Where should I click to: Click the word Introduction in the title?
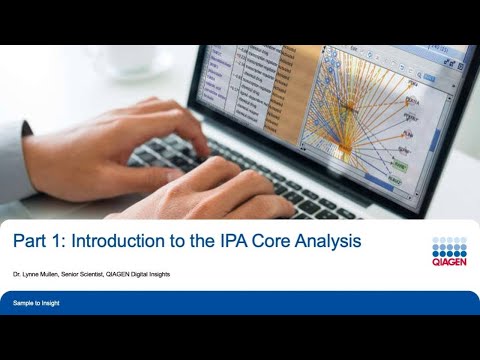click(x=126, y=241)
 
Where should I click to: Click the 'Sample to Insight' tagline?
click(x=36, y=301)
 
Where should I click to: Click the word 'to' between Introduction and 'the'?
click(x=191, y=241)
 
